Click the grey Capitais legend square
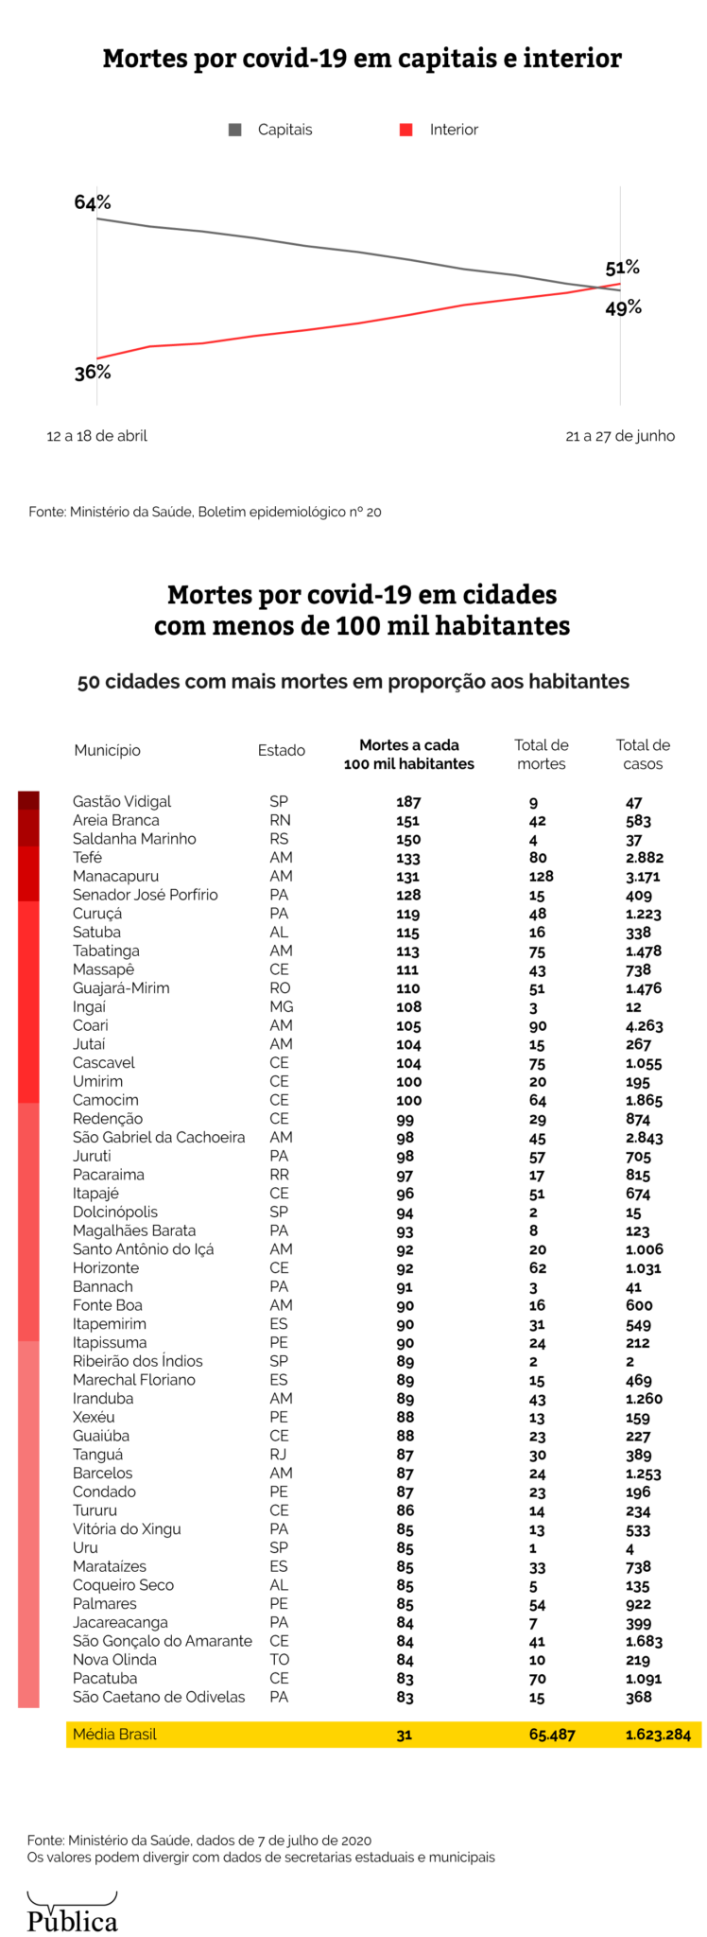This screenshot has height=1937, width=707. (x=235, y=130)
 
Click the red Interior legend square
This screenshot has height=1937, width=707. (x=406, y=130)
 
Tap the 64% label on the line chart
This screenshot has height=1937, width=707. (x=93, y=202)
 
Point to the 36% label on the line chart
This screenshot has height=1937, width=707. (x=93, y=373)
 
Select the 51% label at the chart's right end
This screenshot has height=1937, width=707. (x=623, y=268)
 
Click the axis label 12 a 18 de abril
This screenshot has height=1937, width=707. (x=97, y=436)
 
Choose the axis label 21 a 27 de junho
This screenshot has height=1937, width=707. (x=620, y=436)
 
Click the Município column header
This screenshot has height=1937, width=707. (x=108, y=750)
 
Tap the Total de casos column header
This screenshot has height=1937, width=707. (x=643, y=754)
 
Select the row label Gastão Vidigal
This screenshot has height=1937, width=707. (x=122, y=801)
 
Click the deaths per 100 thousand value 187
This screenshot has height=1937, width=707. (x=408, y=802)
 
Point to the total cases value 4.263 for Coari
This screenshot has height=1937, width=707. (x=644, y=1025)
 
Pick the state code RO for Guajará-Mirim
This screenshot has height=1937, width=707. (x=280, y=987)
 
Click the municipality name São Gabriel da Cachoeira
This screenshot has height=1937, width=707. (x=159, y=1137)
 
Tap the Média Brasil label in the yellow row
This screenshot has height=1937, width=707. (x=114, y=1734)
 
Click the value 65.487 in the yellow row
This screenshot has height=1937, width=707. (x=552, y=1735)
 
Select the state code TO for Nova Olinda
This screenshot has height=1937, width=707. (x=280, y=1659)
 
